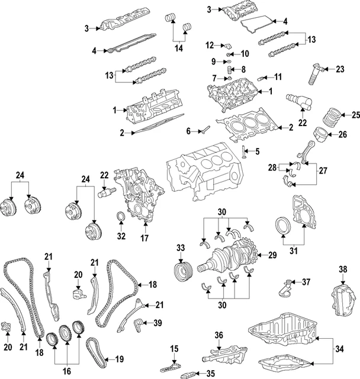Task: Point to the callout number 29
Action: coord(257,152)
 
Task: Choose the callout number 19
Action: coord(119,358)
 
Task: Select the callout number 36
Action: coord(218,336)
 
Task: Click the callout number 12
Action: coord(210,45)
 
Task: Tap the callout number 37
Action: coord(306,281)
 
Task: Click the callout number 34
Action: coord(339,349)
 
